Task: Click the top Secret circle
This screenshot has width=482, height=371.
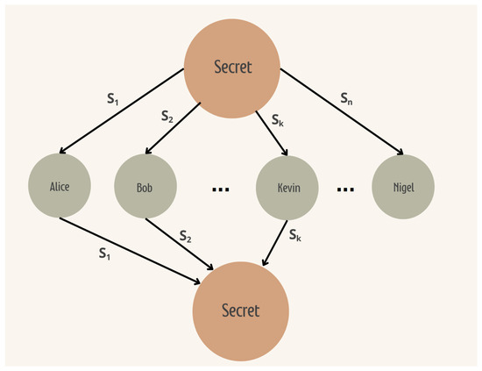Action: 231,67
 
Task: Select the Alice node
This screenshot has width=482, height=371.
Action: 60,186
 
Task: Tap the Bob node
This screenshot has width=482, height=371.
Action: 145,187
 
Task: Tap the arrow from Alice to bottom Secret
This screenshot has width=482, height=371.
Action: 140,251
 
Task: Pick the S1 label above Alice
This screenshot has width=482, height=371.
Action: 112,99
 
